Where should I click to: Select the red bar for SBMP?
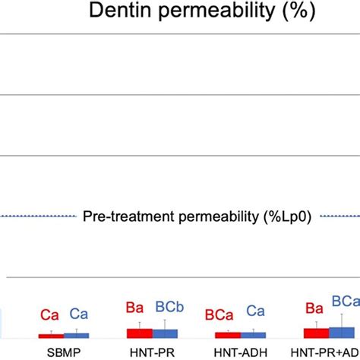tap(51, 335)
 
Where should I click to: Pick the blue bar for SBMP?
tap(76, 334)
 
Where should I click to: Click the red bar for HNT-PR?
tap(139, 333)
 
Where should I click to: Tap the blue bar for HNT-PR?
tap(164, 333)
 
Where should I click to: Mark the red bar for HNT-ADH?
tap(227, 334)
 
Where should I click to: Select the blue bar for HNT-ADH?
tap(252, 334)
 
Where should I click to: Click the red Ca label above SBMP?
tap(51, 314)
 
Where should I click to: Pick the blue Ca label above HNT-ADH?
tap(256, 311)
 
